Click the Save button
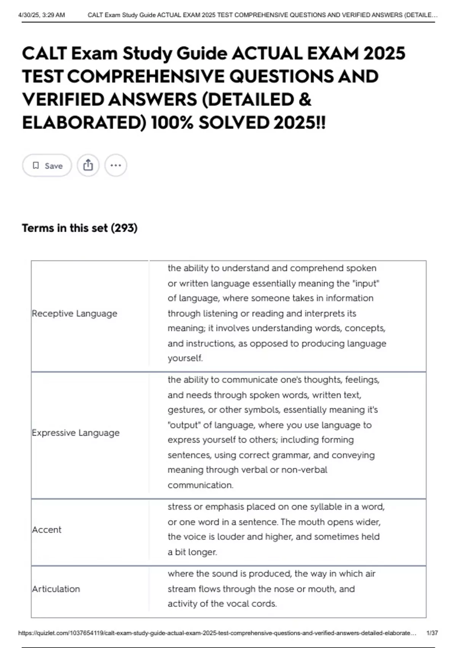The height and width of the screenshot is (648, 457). [x=47, y=165]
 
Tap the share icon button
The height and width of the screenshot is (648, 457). [x=88, y=165]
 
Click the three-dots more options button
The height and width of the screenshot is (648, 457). [x=115, y=165]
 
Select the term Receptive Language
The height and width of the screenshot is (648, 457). [x=75, y=314]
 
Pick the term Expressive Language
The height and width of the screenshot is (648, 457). [x=76, y=433]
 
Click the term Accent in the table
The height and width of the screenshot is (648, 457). [x=46, y=530]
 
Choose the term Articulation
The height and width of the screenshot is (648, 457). [x=56, y=589]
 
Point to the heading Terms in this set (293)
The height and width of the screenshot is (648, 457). [x=80, y=228]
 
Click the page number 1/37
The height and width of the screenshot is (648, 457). [x=432, y=633]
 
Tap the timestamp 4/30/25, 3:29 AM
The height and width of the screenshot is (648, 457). [x=42, y=15]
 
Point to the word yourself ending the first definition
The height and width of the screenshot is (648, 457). [x=185, y=358]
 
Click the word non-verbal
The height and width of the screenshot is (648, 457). [x=304, y=470]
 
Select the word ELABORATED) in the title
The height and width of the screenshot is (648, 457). [x=84, y=123]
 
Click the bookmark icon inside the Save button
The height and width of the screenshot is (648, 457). [x=36, y=165]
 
